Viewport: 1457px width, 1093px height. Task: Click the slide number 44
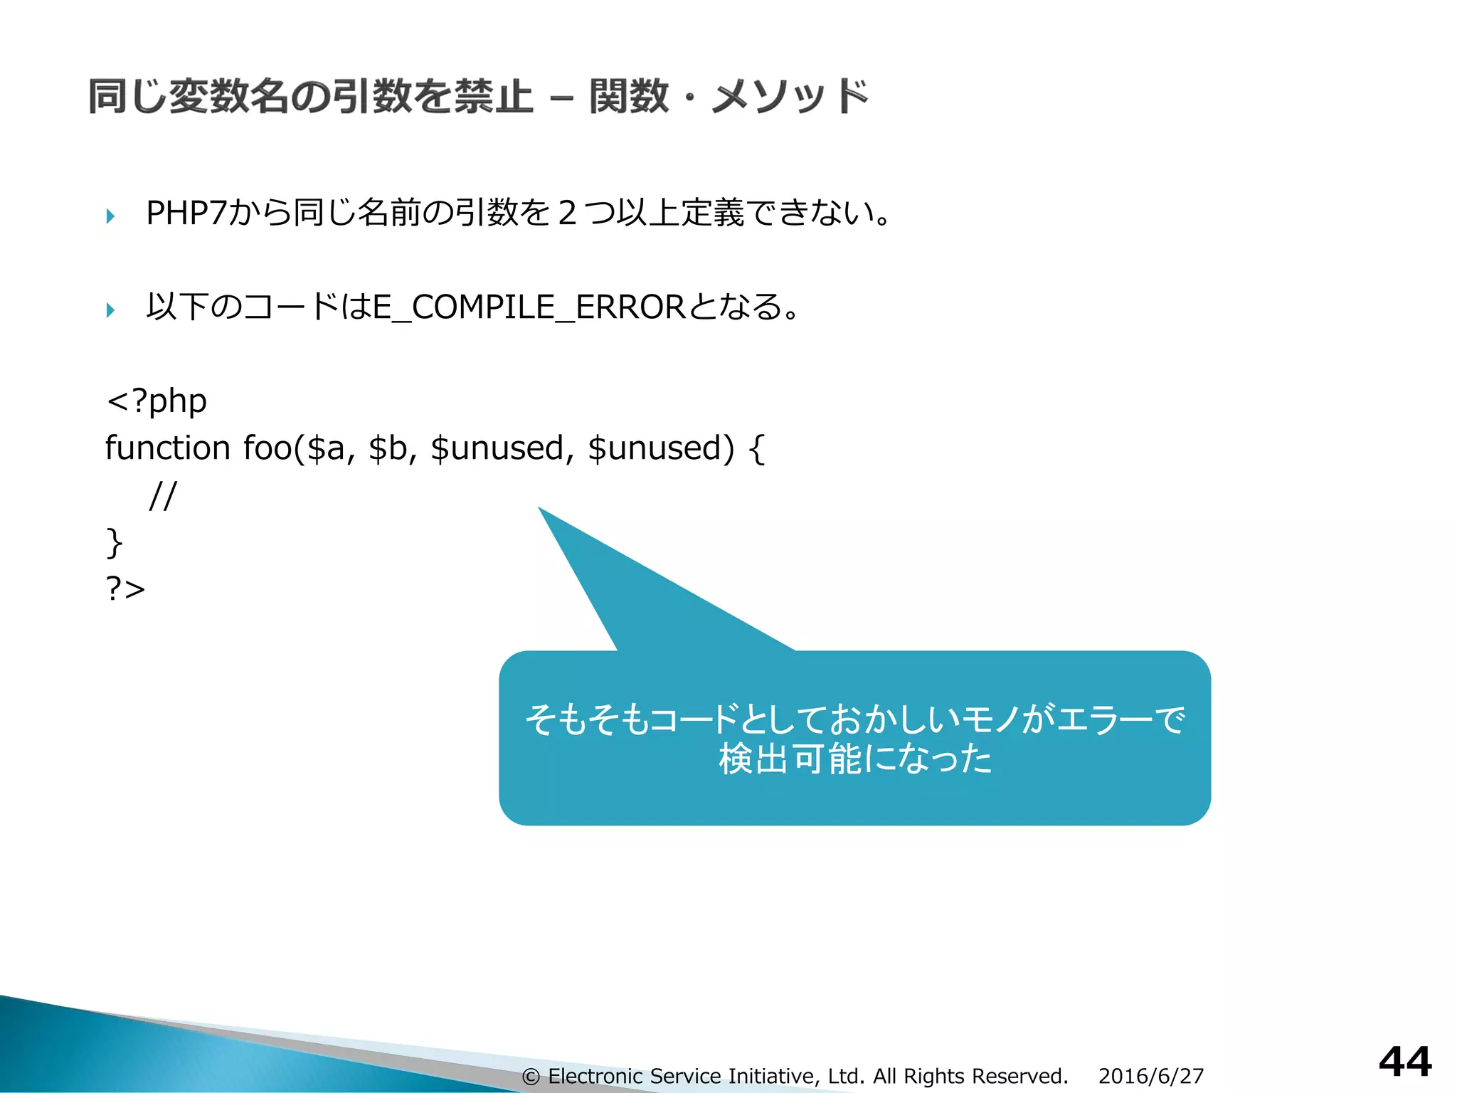point(1404,1062)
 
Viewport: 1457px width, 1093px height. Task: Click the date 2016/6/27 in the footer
point(1150,1076)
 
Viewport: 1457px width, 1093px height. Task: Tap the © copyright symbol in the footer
point(530,1077)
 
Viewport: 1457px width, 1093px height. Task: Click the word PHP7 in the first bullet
point(186,213)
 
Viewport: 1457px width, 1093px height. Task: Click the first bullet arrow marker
point(110,216)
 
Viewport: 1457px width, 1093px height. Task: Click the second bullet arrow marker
point(110,310)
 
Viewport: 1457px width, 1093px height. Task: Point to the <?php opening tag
point(157,401)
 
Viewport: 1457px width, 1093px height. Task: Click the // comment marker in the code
point(162,495)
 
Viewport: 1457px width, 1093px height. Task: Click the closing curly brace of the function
point(114,542)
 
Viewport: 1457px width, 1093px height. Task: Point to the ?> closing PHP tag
point(125,589)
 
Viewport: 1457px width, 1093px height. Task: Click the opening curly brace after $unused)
point(757,450)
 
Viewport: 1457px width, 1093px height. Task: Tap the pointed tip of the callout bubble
point(540,509)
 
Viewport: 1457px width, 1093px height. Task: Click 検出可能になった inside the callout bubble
point(854,759)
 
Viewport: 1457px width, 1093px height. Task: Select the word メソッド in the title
point(790,97)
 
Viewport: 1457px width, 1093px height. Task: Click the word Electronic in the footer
point(595,1077)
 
